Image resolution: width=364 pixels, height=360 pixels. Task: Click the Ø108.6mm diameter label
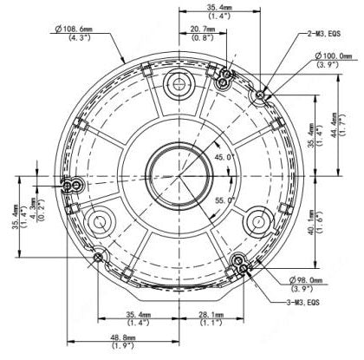click(x=75, y=29)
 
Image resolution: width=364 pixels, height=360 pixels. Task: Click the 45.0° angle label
click(x=224, y=156)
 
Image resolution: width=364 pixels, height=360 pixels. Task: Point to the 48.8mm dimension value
click(x=121, y=337)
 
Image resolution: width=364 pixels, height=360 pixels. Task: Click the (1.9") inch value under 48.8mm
click(x=121, y=346)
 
